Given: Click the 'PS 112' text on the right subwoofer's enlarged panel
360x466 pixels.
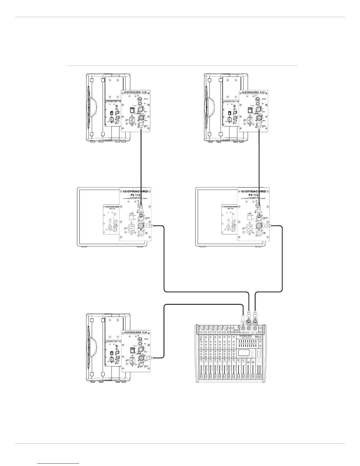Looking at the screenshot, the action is (253, 195).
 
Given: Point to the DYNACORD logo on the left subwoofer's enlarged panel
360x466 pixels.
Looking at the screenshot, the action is (135, 191).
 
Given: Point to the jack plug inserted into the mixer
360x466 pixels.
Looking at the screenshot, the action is (243, 321).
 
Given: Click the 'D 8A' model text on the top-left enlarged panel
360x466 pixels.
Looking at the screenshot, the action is (144, 92).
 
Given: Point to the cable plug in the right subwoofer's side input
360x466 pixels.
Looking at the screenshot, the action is (266, 226).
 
